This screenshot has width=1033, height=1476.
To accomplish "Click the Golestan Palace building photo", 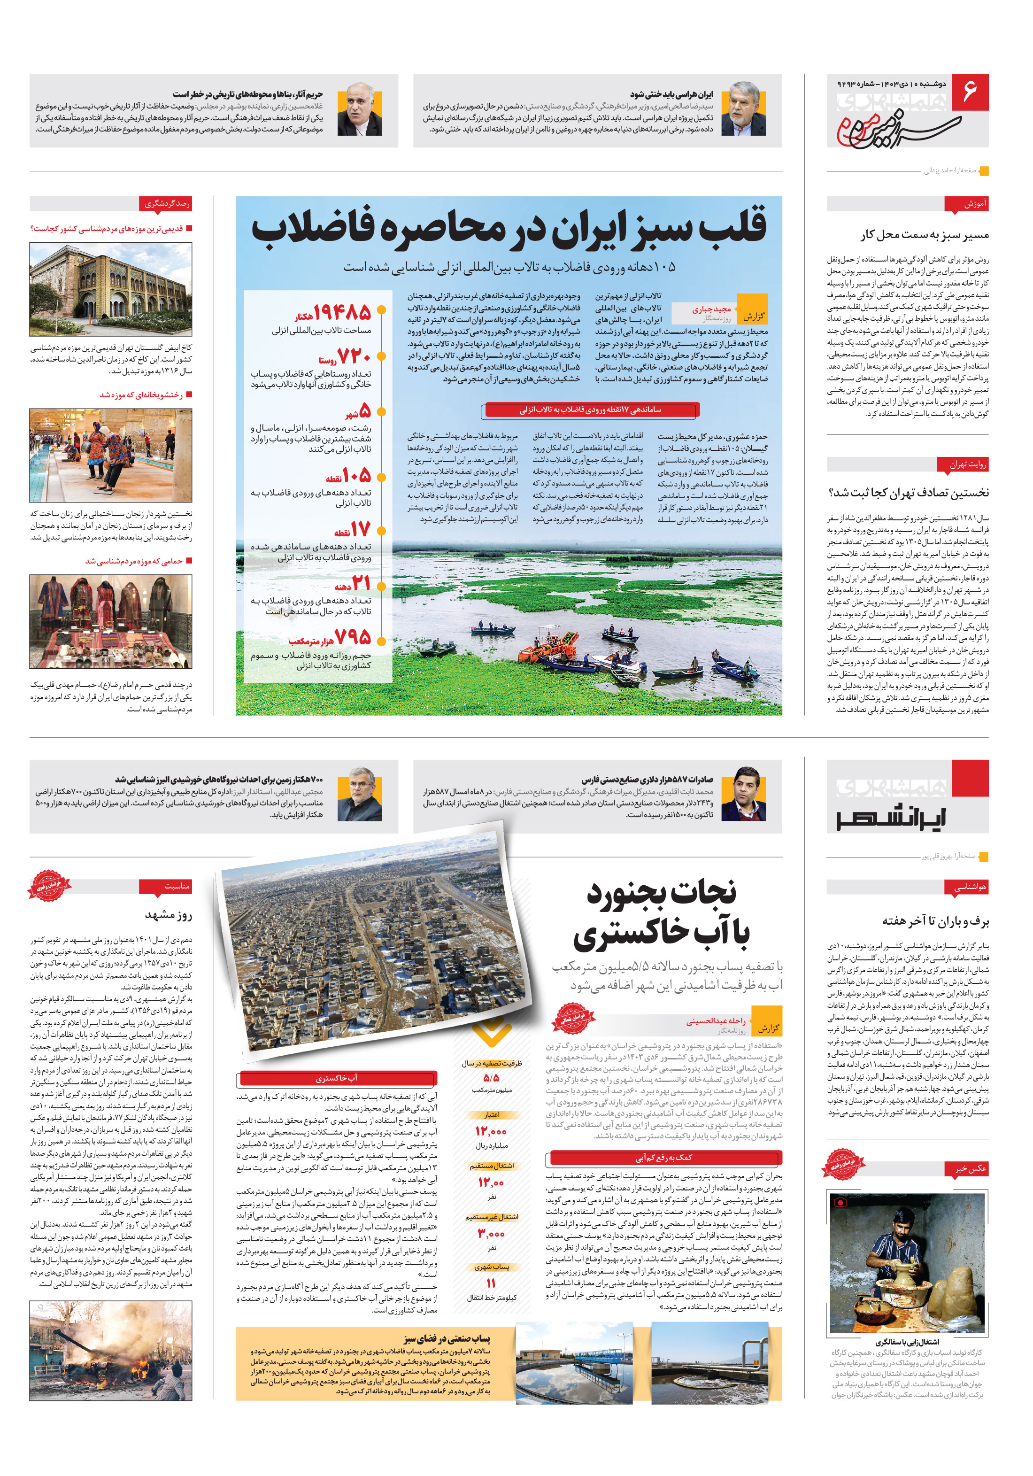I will pos(110,289).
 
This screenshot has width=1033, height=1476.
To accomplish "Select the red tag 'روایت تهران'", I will pos(967,464).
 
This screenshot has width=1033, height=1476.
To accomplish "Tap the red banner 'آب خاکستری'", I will pos(337,1078).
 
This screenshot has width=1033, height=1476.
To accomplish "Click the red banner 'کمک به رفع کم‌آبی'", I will pos(663,1158).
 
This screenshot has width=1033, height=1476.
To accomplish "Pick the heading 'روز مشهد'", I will pos(169,915).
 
